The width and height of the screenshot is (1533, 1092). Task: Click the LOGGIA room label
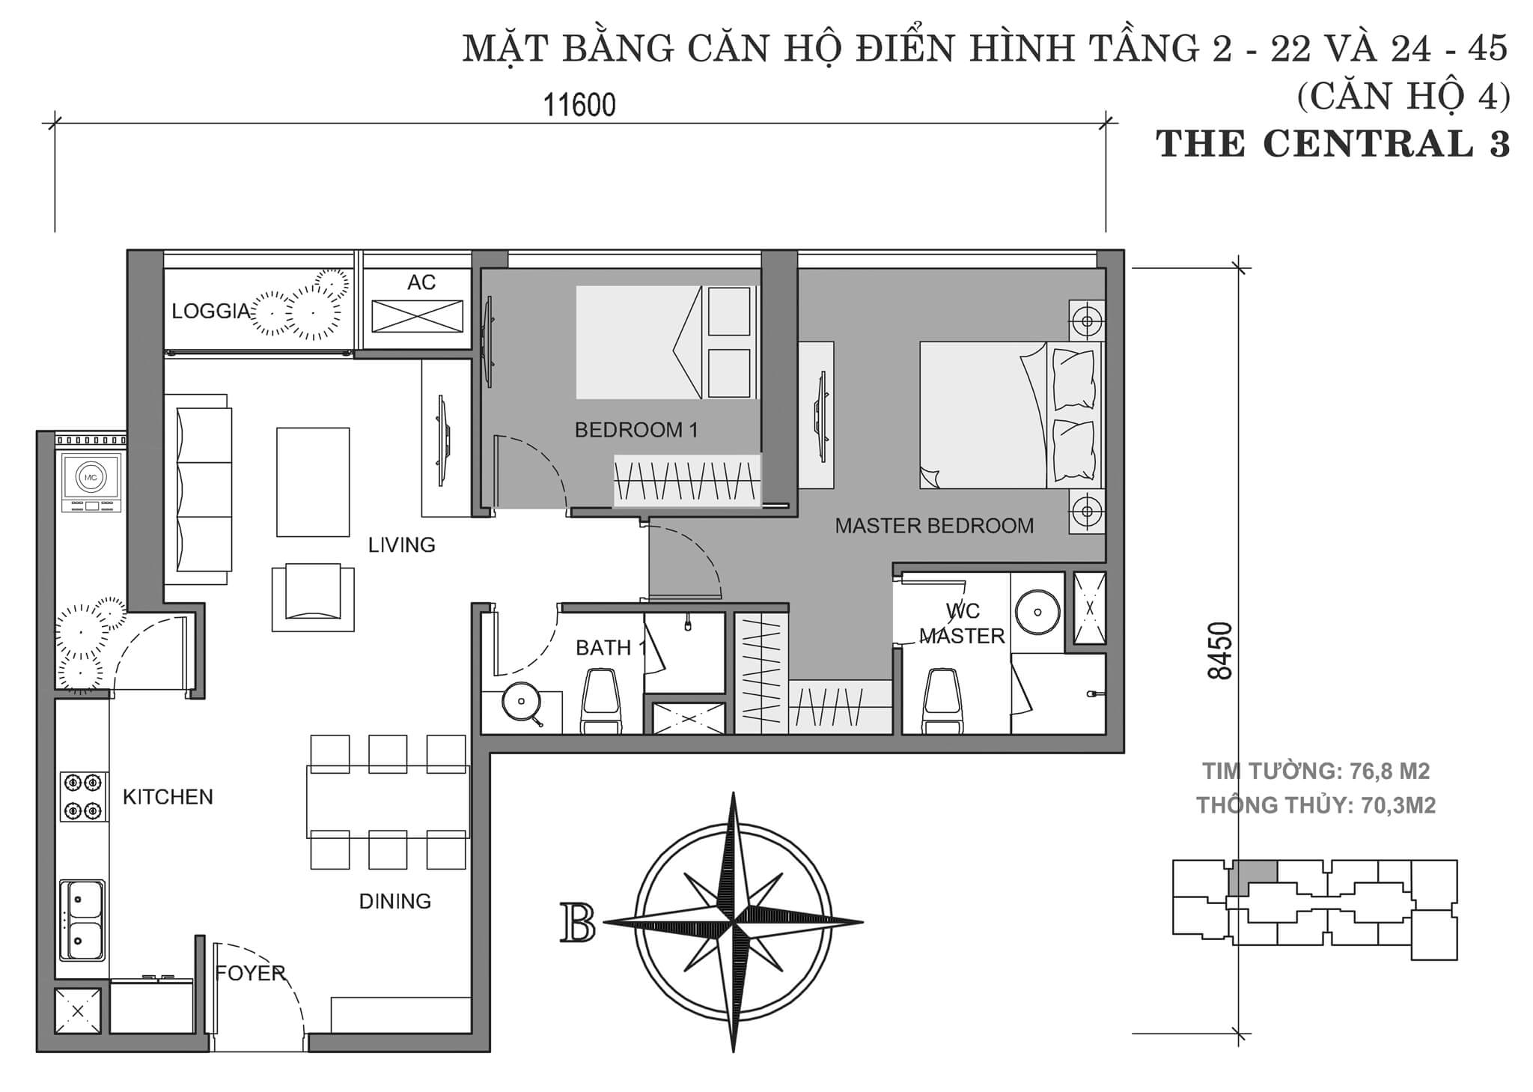pos(210,312)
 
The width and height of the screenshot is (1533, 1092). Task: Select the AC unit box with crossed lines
pos(417,315)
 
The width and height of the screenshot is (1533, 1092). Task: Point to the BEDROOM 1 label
pos(636,430)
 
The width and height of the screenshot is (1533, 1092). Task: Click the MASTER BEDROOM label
pos(933,526)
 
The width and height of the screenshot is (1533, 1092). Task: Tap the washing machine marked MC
pos(91,477)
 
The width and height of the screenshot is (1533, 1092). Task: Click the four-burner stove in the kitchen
pos(82,796)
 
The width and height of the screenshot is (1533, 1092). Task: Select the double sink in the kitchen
pos(82,920)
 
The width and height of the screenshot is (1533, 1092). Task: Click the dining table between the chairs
pos(388,801)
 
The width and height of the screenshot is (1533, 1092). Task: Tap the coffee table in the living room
pos(313,482)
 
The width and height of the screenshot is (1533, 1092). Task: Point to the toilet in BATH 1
pos(601,700)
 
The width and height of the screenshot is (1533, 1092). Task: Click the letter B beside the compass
pos(577,923)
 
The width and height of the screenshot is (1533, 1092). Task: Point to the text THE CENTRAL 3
pos(1332,144)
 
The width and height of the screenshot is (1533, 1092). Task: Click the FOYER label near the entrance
pos(250,973)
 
